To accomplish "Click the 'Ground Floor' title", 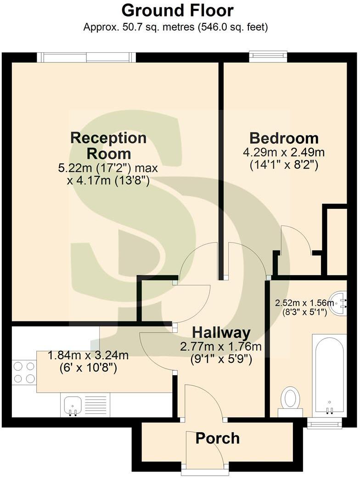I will [178, 10].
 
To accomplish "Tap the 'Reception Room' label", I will [108, 145].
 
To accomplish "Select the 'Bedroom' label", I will [284, 138].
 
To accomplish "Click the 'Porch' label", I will [218, 438].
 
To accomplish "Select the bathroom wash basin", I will [341, 303].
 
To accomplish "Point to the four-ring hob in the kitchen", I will [24, 372].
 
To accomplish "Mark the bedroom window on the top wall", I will [268, 57].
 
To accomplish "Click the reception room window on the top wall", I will [86, 57].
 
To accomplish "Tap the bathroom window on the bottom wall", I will [324, 422].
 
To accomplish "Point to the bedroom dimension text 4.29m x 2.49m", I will [284, 152].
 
